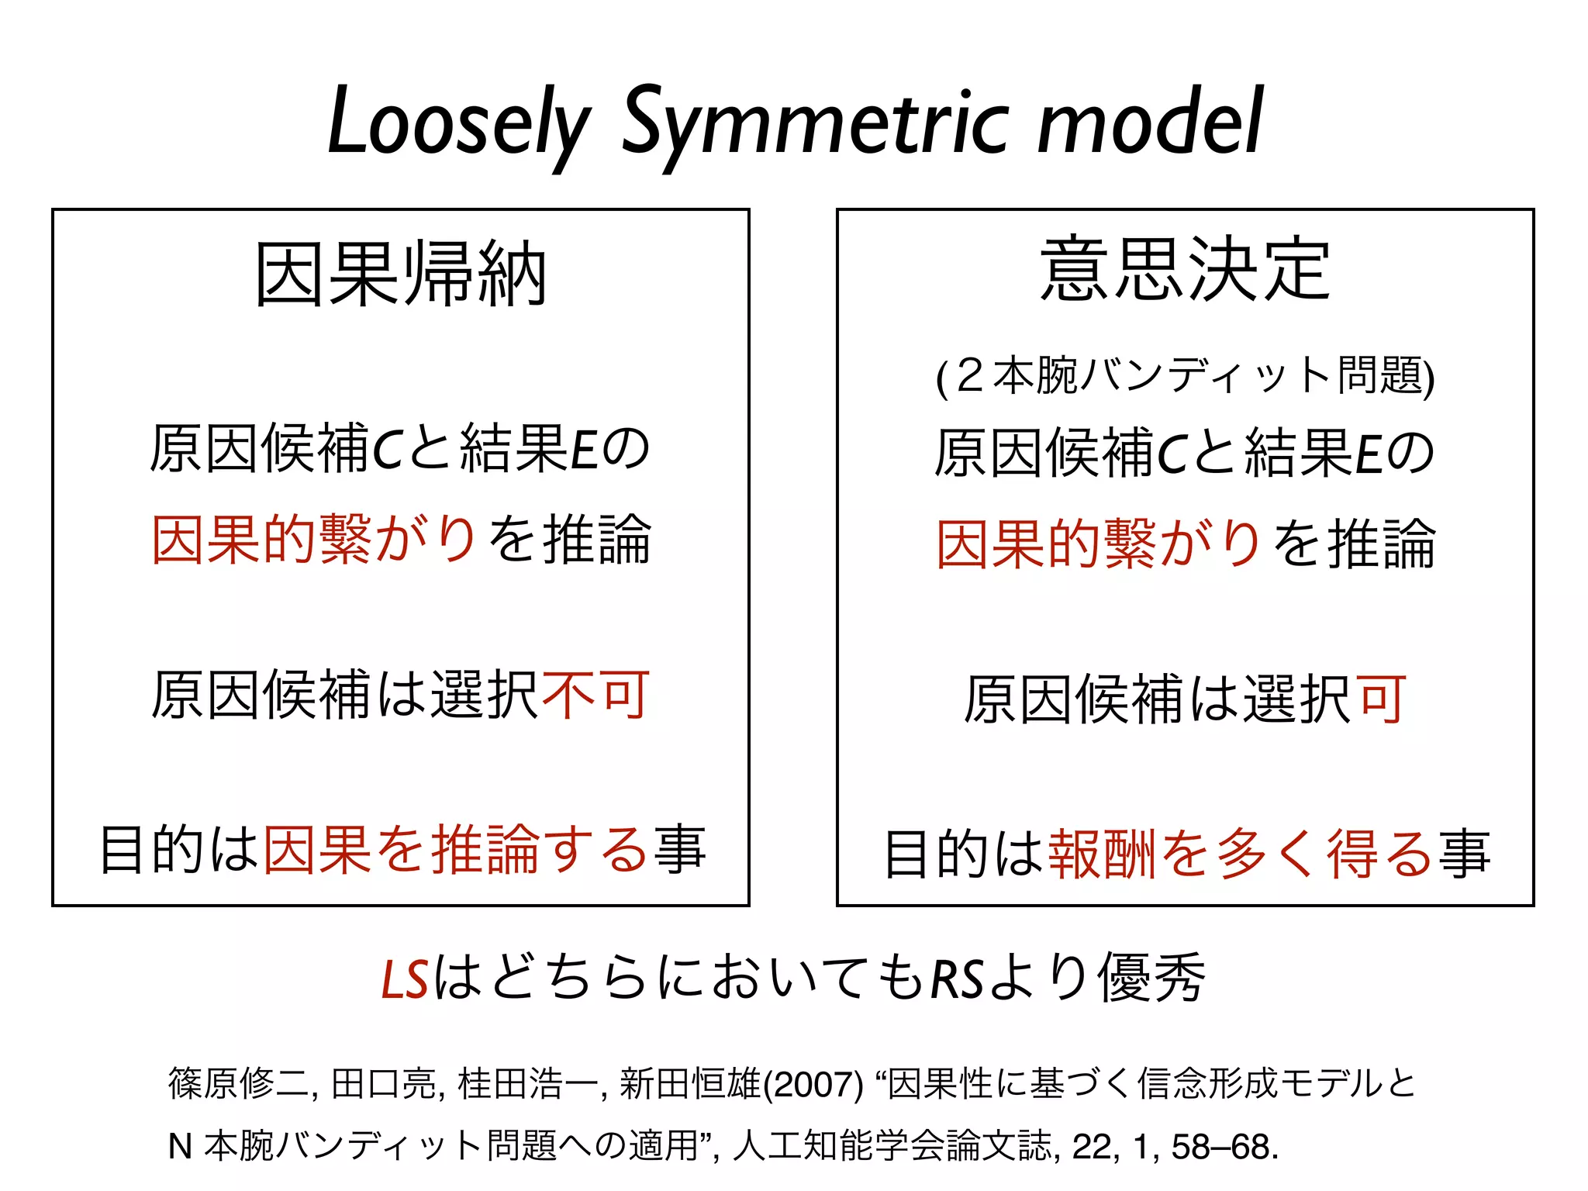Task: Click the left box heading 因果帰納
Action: pyautogui.click(x=401, y=274)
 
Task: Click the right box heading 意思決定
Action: pyautogui.click(x=1185, y=269)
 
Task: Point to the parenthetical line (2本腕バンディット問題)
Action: pyautogui.click(x=1185, y=376)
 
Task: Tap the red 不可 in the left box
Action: pyautogui.click(x=595, y=695)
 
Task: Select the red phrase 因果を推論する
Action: pyautogui.click(x=456, y=850)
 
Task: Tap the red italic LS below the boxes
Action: pyautogui.click(x=405, y=979)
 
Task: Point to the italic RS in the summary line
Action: pyautogui.click(x=956, y=979)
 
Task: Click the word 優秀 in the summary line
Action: pyautogui.click(x=1151, y=978)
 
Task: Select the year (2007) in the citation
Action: pyautogui.click(x=813, y=1085)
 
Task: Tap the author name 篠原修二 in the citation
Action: pyautogui.click(x=240, y=1084)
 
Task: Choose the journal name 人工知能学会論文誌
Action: pyautogui.click(x=892, y=1146)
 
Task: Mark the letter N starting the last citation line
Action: pyautogui.click(x=180, y=1147)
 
